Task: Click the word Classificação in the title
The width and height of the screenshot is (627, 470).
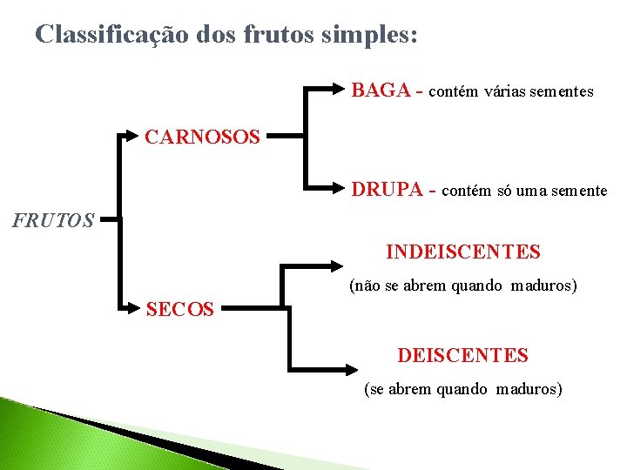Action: tap(109, 35)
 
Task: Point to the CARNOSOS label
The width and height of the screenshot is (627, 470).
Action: tap(202, 138)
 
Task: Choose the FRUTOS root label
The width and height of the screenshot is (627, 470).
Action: tap(53, 220)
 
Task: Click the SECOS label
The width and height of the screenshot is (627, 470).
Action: tap(180, 309)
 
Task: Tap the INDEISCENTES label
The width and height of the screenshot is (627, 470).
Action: tap(463, 252)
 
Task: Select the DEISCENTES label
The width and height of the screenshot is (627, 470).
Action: tap(462, 355)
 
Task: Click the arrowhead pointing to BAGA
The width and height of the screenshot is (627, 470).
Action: tap(342, 88)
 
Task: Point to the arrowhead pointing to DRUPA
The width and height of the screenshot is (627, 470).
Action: tap(342, 187)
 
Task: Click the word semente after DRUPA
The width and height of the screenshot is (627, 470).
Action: tap(578, 191)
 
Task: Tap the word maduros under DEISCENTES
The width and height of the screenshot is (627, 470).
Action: tap(529, 389)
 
